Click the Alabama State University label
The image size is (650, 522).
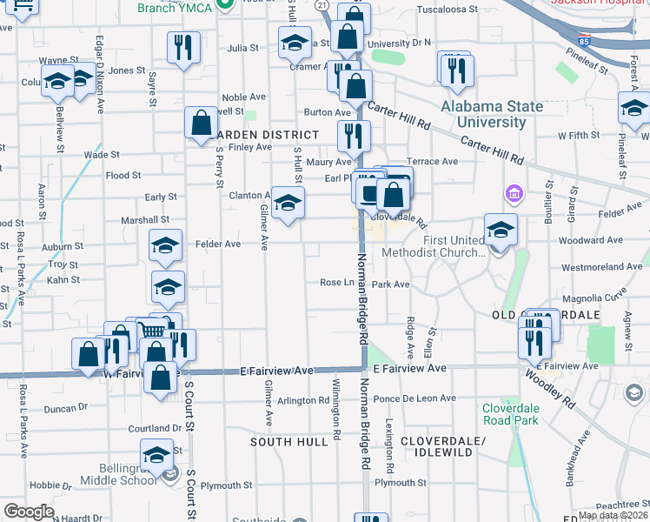(x=492, y=114)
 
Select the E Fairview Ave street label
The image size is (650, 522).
(x=276, y=371)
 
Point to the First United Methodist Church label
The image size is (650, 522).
(x=454, y=246)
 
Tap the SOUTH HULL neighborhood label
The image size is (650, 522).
(x=289, y=441)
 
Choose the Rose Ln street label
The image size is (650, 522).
(x=337, y=283)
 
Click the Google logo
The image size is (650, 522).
(x=30, y=511)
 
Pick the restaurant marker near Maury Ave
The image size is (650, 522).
(x=354, y=136)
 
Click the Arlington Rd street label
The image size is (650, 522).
(x=301, y=401)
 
